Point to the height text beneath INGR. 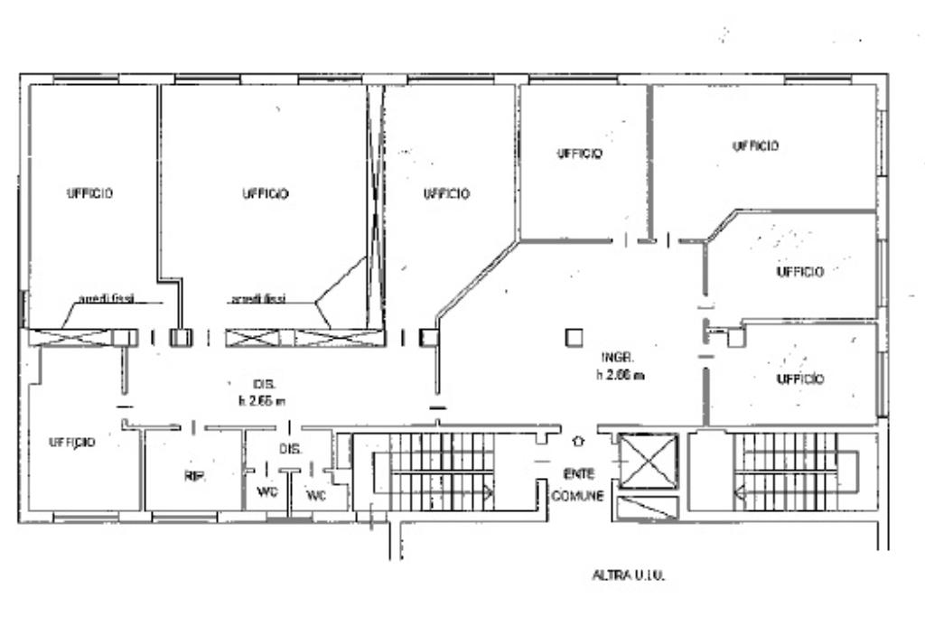pos(620,375)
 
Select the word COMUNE pos(577,496)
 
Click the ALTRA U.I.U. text pos(628,574)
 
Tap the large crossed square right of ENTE pos(650,461)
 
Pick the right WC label pos(315,496)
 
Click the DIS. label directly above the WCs pos(289,448)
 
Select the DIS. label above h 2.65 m pos(251,382)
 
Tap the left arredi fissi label pos(107,299)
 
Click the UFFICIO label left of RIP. pos(72,443)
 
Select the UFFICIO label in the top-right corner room pos(755,145)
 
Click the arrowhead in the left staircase pos(489,492)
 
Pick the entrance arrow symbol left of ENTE pos(578,443)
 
